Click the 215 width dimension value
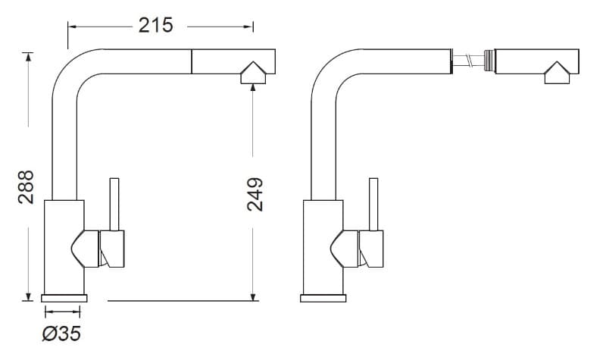click(156, 26)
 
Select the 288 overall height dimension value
click(27, 187)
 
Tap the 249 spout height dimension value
click(255, 195)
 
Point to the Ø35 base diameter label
click(62, 333)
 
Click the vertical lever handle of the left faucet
click(114, 204)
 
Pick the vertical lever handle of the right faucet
click(373, 204)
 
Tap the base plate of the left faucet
click(64, 298)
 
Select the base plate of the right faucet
click(323, 298)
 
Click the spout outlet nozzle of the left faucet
click(253, 73)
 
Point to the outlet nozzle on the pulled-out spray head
click(557, 73)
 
